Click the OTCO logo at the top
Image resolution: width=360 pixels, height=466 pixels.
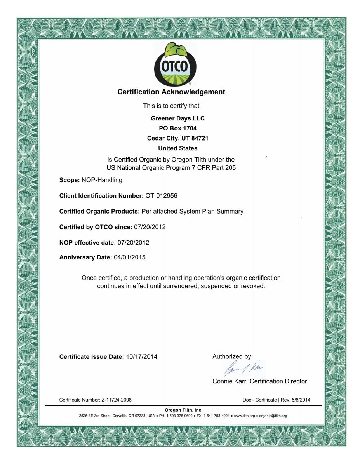(x=175, y=64)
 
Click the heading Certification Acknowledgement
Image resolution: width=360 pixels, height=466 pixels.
(x=171, y=92)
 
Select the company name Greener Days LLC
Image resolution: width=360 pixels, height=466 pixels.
(x=177, y=118)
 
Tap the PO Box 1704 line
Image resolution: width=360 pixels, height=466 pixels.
(x=178, y=128)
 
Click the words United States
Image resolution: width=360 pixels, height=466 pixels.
(x=178, y=148)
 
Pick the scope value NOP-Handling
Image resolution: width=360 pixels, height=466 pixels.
(x=102, y=180)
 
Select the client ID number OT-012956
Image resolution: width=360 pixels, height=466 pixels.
(x=161, y=196)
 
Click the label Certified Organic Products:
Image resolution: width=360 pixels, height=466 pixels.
(x=99, y=211)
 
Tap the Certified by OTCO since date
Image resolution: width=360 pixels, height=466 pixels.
(x=150, y=227)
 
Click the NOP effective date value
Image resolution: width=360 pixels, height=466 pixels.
(x=133, y=242)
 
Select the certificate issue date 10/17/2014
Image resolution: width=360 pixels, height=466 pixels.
(x=142, y=356)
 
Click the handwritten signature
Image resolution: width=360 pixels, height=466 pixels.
(x=244, y=368)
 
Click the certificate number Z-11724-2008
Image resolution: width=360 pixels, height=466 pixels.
(x=119, y=400)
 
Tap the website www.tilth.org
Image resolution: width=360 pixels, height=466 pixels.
(x=244, y=416)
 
